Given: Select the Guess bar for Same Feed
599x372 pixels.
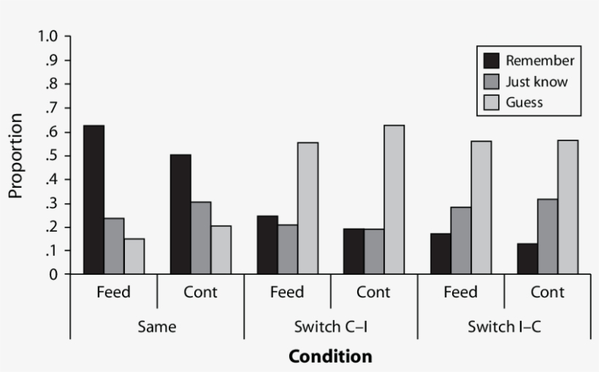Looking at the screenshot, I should coord(134,256).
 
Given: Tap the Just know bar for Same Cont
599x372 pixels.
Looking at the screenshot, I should coord(201,238).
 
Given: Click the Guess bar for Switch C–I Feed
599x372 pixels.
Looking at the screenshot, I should coord(308,208).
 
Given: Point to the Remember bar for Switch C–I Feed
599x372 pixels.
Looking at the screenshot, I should coord(267,245).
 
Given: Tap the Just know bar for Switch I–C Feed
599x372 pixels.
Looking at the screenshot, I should coord(461,240).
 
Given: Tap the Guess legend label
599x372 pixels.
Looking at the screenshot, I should coord(524,102).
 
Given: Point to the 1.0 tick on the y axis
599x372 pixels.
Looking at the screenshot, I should coord(52,37).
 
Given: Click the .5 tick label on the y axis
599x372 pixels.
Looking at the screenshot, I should coord(56,156).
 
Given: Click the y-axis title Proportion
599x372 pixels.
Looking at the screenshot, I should coord(16,155).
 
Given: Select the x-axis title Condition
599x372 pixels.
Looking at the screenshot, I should coord(330,357).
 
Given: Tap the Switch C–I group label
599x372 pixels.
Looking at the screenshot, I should coord(330,327).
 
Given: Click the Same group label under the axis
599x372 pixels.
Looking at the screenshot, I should coord(156,327).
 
